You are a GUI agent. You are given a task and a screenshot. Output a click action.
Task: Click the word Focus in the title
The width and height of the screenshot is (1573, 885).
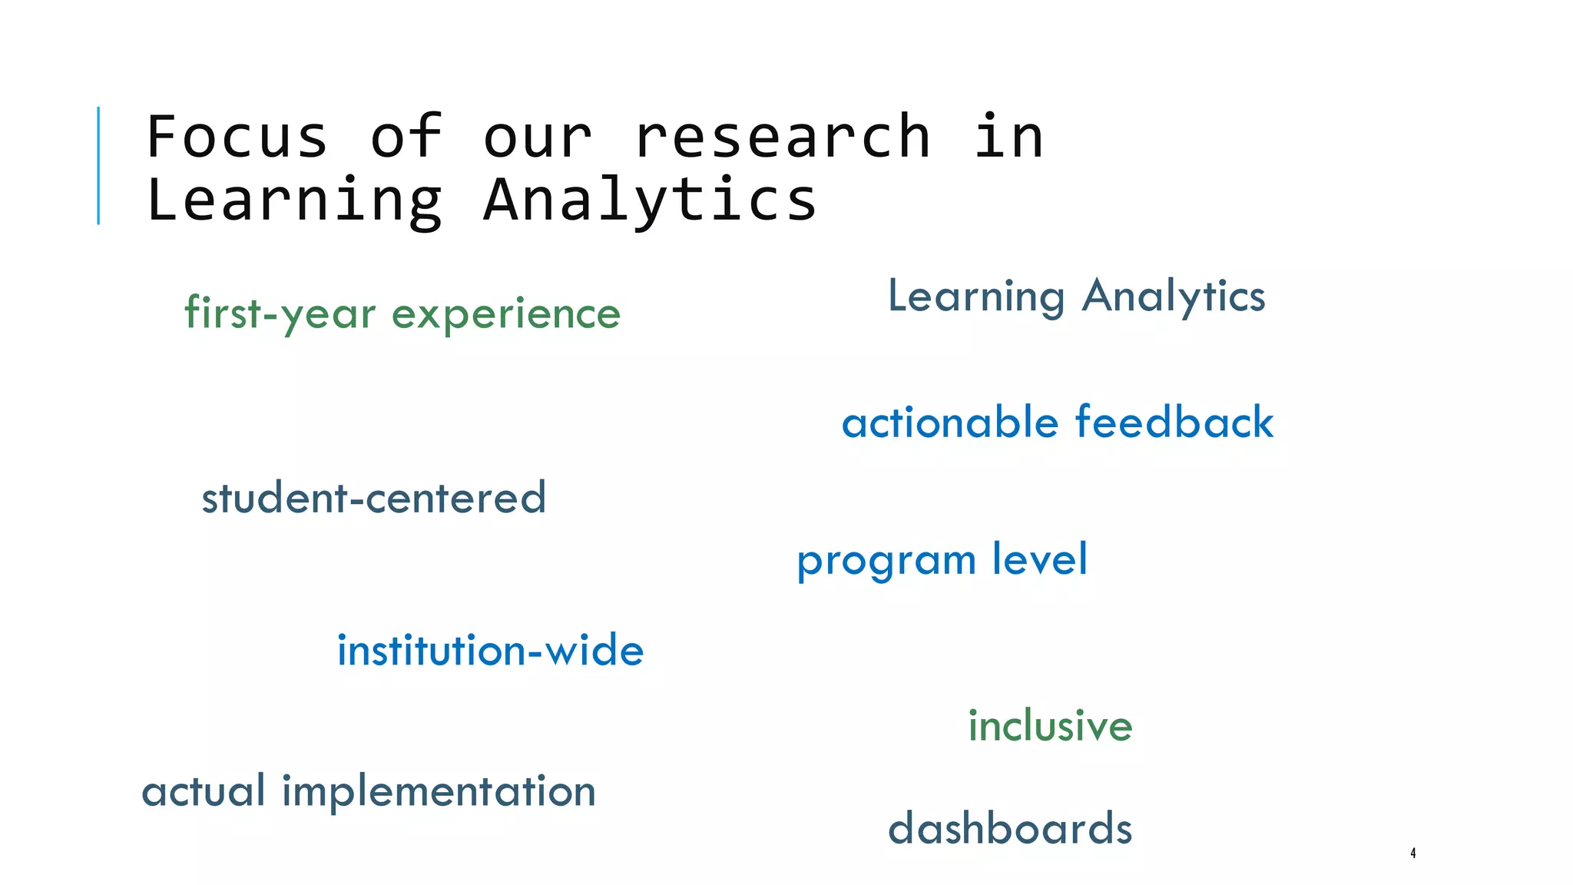click(237, 137)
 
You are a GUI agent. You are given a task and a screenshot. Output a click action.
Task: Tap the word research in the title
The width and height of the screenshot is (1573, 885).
click(782, 137)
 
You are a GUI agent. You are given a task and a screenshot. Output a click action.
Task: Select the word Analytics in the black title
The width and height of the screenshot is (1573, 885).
click(650, 200)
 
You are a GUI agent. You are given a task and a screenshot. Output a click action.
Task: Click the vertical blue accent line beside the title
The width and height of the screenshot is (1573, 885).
click(98, 165)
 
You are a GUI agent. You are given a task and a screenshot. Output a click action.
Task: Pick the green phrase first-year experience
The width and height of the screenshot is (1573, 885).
click(402, 313)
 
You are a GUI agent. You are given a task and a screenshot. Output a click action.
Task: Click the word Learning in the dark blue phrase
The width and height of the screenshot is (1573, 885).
click(975, 297)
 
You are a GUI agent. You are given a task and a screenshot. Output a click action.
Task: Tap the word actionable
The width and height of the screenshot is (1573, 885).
click(950, 423)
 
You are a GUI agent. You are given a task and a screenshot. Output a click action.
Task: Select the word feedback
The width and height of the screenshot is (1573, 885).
click(1174, 423)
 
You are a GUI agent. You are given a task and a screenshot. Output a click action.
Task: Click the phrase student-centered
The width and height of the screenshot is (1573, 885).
click(374, 498)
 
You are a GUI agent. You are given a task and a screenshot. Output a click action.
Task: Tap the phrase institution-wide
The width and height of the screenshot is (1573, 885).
click(490, 651)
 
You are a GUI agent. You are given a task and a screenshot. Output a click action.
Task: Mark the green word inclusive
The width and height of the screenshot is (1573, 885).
click(1050, 726)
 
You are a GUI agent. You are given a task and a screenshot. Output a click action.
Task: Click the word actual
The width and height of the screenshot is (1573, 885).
click(204, 791)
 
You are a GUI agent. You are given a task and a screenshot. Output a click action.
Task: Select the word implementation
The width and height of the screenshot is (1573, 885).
click(439, 791)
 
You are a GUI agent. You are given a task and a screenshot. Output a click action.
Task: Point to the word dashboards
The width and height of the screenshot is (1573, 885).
click(1009, 829)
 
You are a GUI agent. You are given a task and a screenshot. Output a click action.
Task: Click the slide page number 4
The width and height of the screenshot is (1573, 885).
click(1412, 853)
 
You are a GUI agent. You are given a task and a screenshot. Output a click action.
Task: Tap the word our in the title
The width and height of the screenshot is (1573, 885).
click(537, 137)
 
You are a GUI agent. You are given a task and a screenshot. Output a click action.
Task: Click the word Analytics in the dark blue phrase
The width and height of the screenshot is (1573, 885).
click(1173, 297)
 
